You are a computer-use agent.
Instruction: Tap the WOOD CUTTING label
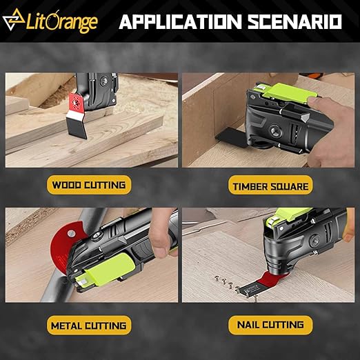point(88,184)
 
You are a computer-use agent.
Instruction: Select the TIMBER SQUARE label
point(272,185)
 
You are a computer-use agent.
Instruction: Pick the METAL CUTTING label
point(88,324)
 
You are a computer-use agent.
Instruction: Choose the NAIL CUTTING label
point(272,324)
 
